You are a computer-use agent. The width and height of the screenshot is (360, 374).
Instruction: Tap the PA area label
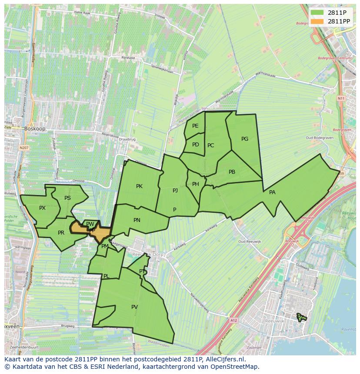[272, 192]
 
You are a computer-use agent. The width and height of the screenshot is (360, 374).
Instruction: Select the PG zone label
[245, 139]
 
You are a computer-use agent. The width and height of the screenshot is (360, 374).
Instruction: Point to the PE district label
[195, 126]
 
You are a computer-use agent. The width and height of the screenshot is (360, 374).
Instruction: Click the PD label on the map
[196, 145]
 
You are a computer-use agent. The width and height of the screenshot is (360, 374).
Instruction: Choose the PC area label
[211, 146]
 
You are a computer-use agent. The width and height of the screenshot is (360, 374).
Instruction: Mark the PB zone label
[232, 172]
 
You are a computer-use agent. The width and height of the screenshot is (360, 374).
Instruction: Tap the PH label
[196, 184]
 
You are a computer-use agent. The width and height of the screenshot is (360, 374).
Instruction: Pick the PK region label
[139, 186]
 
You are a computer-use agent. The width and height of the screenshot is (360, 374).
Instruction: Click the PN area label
[137, 220]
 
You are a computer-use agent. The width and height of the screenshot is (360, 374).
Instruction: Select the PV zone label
[134, 307]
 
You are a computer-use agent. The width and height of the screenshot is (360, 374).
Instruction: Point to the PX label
[42, 208]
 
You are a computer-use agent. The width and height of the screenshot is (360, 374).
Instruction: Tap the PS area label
[67, 198]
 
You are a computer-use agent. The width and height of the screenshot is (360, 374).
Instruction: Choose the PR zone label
[61, 233]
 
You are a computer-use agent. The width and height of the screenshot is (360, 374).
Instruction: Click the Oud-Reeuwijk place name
[249, 242]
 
